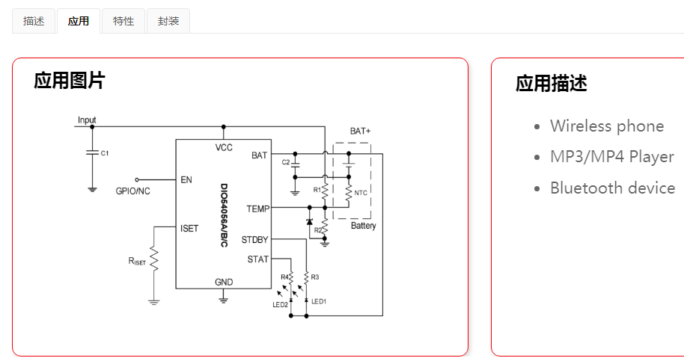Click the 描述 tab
[x=34, y=21]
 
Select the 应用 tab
[x=79, y=21]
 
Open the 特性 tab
[x=123, y=21]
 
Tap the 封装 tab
[x=168, y=21]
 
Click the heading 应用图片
[x=70, y=81]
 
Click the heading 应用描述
[x=552, y=84]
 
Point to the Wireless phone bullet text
[x=607, y=126]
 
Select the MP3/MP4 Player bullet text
[x=611, y=157]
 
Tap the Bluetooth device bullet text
[x=612, y=188]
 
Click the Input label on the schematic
[x=87, y=120]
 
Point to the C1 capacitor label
[x=105, y=153]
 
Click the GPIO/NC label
[x=132, y=191]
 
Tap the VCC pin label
[x=224, y=147]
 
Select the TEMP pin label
[x=257, y=209]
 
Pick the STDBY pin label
[x=254, y=240]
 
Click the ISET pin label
[x=189, y=228]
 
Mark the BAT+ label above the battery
[x=360, y=131]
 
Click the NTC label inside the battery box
[x=361, y=193]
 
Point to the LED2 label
[x=280, y=304]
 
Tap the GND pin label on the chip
[x=224, y=282]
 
